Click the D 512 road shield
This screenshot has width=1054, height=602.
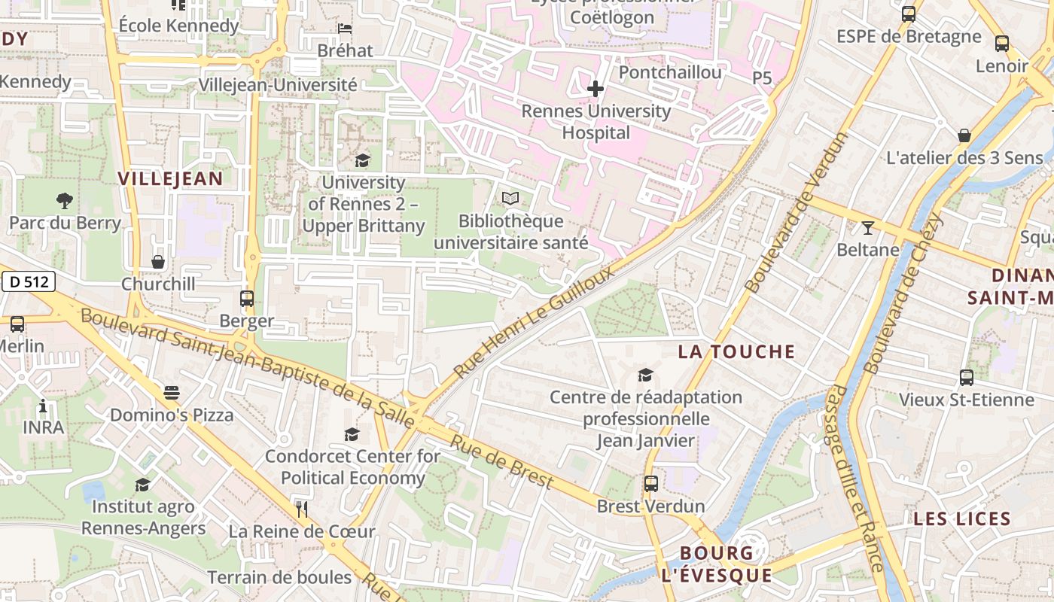coord(29,282)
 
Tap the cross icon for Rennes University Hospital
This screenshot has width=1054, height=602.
coord(596,90)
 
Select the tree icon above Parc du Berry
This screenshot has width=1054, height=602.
coord(65,200)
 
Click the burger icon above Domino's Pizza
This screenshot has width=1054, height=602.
coord(172,393)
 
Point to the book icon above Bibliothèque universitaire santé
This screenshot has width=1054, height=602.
coord(510,199)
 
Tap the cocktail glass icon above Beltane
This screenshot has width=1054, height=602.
coord(868,227)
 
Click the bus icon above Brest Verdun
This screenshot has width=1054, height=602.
coord(651,484)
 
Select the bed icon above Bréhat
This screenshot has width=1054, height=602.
coord(345,29)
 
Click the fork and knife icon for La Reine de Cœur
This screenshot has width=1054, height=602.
coord(302,509)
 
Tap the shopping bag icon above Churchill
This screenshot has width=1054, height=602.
coord(158,262)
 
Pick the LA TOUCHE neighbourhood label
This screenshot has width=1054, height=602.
coord(736,351)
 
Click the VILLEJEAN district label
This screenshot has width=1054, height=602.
coord(171,178)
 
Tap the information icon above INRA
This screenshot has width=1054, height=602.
coord(43,407)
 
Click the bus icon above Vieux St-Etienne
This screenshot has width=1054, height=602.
coord(967,378)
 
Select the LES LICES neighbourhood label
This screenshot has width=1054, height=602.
coord(961,518)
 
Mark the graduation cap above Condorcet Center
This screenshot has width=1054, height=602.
coord(352,434)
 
